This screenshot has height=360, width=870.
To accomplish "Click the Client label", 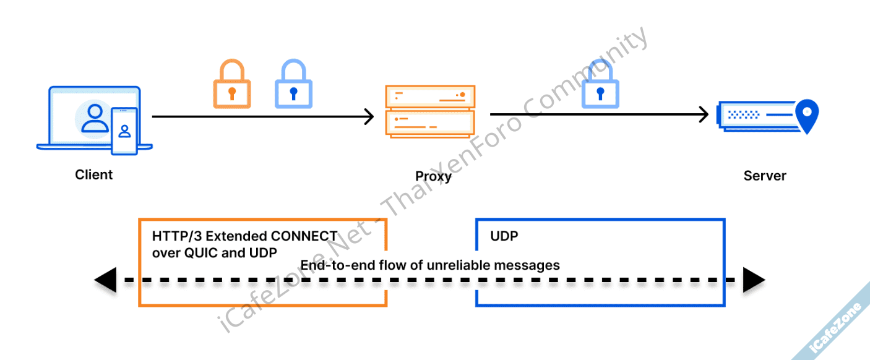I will tap(94, 175).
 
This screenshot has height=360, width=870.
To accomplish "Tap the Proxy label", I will tap(433, 176).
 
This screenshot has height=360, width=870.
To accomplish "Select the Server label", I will tap(765, 176).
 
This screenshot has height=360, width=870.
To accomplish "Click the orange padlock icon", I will tap(231, 85).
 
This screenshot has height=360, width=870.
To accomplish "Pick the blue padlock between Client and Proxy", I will tap(293, 85).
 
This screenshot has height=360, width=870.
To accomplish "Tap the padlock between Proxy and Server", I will tap(600, 85).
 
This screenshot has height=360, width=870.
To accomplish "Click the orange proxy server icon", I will tap(429, 111).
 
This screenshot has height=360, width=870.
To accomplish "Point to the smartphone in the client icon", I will tap(124, 131).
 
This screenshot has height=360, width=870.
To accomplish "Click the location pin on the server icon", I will tap(806, 116).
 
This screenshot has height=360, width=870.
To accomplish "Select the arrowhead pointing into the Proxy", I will tap(369, 116).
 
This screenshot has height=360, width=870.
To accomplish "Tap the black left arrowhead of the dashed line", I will tap(105, 280).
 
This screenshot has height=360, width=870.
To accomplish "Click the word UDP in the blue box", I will tap(504, 236).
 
